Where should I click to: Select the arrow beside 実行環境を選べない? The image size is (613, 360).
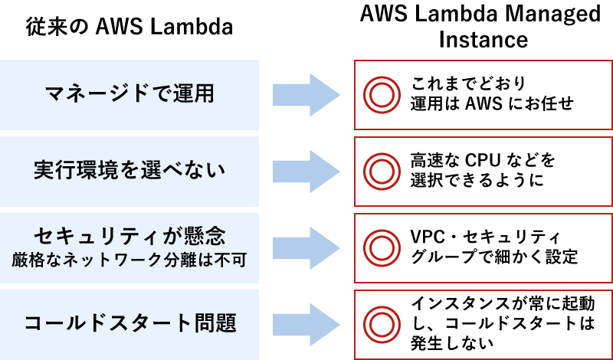click(x=305, y=170)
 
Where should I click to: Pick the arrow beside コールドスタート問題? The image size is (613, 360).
click(x=305, y=322)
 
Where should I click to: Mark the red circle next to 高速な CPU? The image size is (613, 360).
click(x=379, y=170)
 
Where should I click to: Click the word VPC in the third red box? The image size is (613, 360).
click(x=428, y=236)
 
